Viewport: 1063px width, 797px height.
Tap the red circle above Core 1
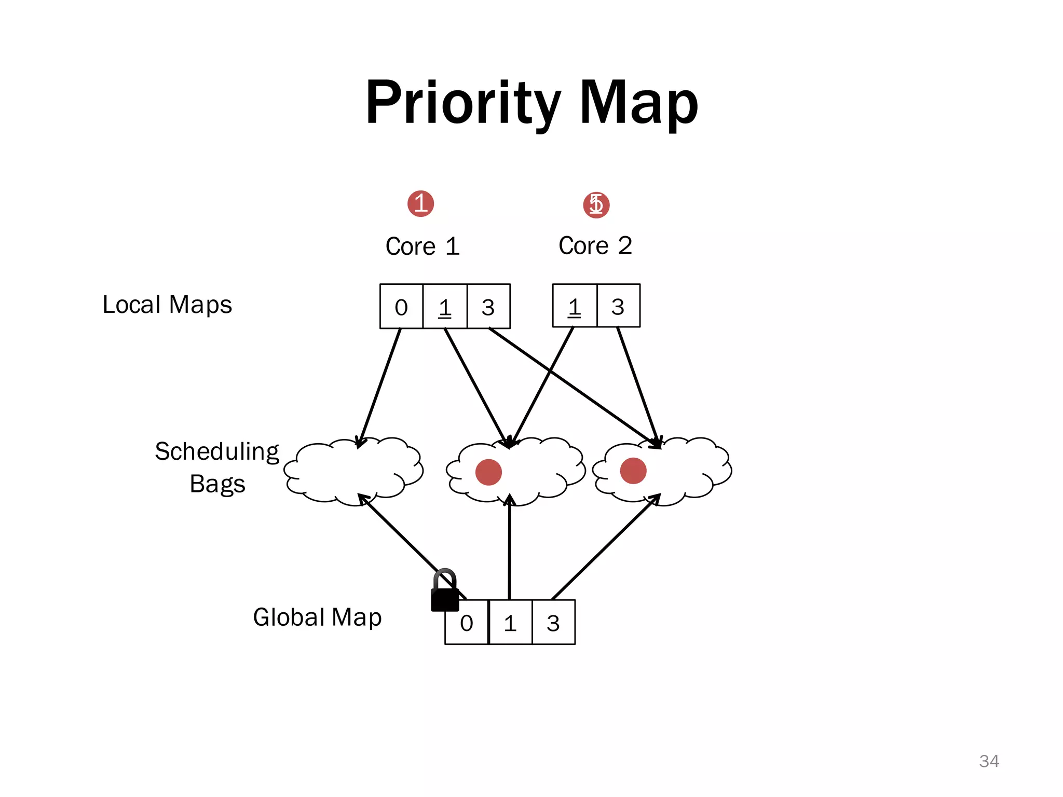[x=420, y=203]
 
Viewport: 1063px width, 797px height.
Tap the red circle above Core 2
[x=596, y=204]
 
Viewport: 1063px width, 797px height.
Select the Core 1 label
[x=423, y=246]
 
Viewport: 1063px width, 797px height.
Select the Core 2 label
[x=595, y=245]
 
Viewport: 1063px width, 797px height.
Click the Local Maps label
[x=167, y=305]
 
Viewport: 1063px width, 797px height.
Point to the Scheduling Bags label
[x=217, y=467]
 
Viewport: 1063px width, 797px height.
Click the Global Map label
[x=317, y=617]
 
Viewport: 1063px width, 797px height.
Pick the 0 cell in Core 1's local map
[x=401, y=307]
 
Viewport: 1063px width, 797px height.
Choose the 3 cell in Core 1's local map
[x=488, y=307]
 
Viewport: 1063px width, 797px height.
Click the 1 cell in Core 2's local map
[x=575, y=306]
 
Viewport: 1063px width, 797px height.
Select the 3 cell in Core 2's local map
[x=618, y=306]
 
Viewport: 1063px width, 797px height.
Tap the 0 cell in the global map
[x=467, y=623]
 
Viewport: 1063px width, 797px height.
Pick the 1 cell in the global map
[x=510, y=623]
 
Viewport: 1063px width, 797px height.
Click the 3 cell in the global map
[x=553, y=623]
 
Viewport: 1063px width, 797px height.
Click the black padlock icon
[x=445, y=592]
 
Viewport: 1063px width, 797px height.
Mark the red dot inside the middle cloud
[x=488, y=472]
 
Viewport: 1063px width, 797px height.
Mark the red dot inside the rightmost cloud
[x=633, y=471]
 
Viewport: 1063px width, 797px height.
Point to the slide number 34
[x=989, y=761]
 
